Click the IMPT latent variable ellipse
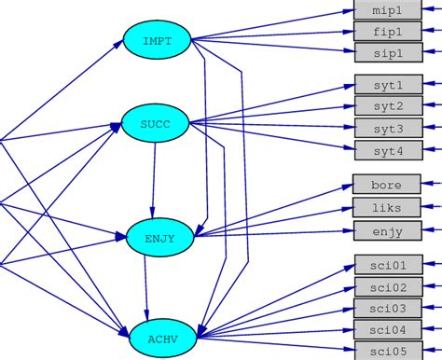[x=157, y=40]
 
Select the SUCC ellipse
[x=155, y=121]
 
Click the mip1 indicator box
[x=388, y=11]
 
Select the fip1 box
[x=388, y=32]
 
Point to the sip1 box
[x=388, y=52]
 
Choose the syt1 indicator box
[x=388, y=85]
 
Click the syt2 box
[x=388, y=106]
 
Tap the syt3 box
[x=388, y=128]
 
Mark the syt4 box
[x=388, y=149]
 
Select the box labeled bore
[x=388, y=185]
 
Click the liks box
[x=388, y=206]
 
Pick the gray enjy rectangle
[x=388, y=229]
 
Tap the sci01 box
[x=388, y=265]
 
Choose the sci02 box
[x=388, y=286]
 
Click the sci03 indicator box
[x=388, y=308]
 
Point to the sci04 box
[x=388, y=329]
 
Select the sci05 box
[x=388, y=351]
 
